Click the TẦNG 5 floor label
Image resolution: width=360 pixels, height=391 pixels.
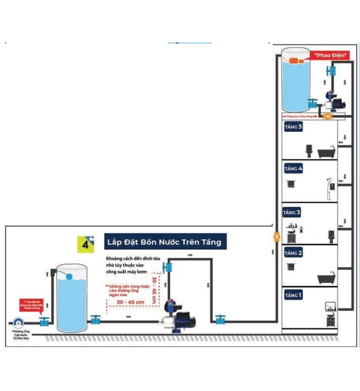(x=294, y=127)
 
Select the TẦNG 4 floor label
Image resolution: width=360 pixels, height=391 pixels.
(x=294, y=169)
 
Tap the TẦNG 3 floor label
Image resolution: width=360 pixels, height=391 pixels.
(x=292, y=212)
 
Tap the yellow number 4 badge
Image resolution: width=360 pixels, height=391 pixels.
(x=85, y=244)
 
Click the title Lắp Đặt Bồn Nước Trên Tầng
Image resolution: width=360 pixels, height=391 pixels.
(x=165, y=242)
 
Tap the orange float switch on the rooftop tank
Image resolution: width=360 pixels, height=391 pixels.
(x=298, y=59)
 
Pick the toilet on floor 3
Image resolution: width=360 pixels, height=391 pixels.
(x=330, y=235)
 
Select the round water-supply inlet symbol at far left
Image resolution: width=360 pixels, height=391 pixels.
(x=20, y=322)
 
